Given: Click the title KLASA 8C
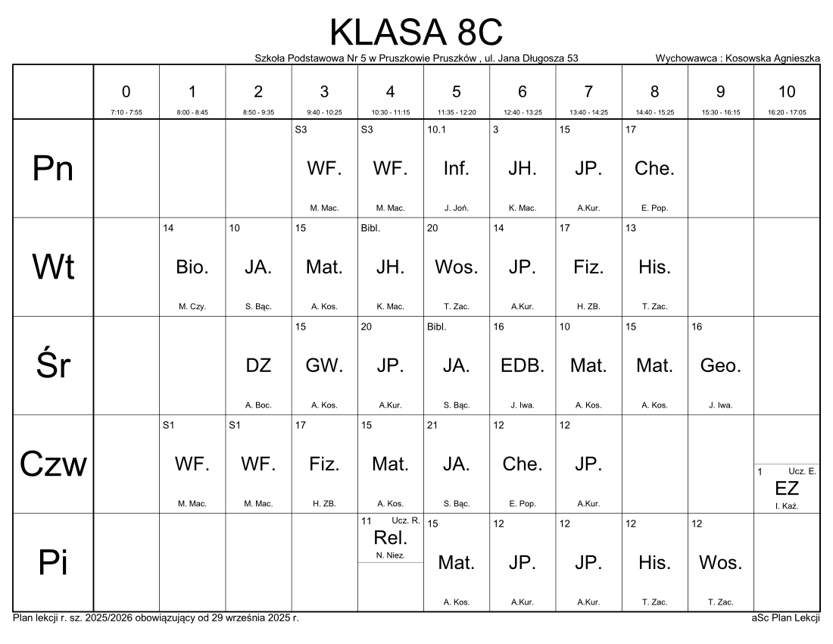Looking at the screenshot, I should pyautogui.click(x=416, y=33).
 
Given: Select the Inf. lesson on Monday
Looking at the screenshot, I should pyautogui.click(x=456, y=169).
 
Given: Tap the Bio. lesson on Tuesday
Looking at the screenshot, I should pyautogui.click(x=192, y=267).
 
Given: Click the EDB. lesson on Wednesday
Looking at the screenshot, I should pyautogui.click(x=522, y=366).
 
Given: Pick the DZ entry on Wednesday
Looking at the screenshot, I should pyautogui.click(x=258, y=366).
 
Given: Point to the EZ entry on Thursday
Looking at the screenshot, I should pyautogui.click(x=787, y=489).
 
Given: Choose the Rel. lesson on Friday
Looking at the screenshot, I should pyautogui.click(x=390, y=539).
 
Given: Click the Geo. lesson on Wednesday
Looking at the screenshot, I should pyautogui.click(x=720, y=366).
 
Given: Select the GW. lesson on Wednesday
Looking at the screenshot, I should pyautogui.click(x=324, y=366).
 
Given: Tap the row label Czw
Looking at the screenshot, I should pyautogui.click(x=53, y=464).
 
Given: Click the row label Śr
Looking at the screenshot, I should pyautogui.click(x=53, y=366).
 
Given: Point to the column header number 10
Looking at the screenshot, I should pyautogui.click(x=787, y=92).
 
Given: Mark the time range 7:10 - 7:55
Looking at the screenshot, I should pyautogui.click(x=126, y=112).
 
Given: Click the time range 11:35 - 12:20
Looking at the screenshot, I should pyautogui.click(x=456, y=112).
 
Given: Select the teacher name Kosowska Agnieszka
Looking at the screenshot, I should pyautogui.click(x=772, y=58).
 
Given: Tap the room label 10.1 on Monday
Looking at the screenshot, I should pyautogui.click(x=436, y=130).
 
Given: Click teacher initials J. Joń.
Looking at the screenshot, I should pyautogui.click(x=456, y=208).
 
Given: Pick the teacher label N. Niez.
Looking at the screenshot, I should pyautogui.click(x=390, y=555).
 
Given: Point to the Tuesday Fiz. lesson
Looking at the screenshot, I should pyautogui.click(x=588, y=267).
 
